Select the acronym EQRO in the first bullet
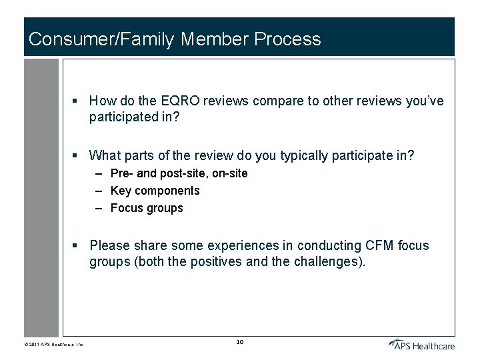(179, 101)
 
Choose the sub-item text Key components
(155, 191)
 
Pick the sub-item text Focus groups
(147, 208)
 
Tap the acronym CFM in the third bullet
(379, 245)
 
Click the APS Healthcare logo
(422, 344)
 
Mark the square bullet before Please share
(77, 246)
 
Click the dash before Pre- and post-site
(98, 173)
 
